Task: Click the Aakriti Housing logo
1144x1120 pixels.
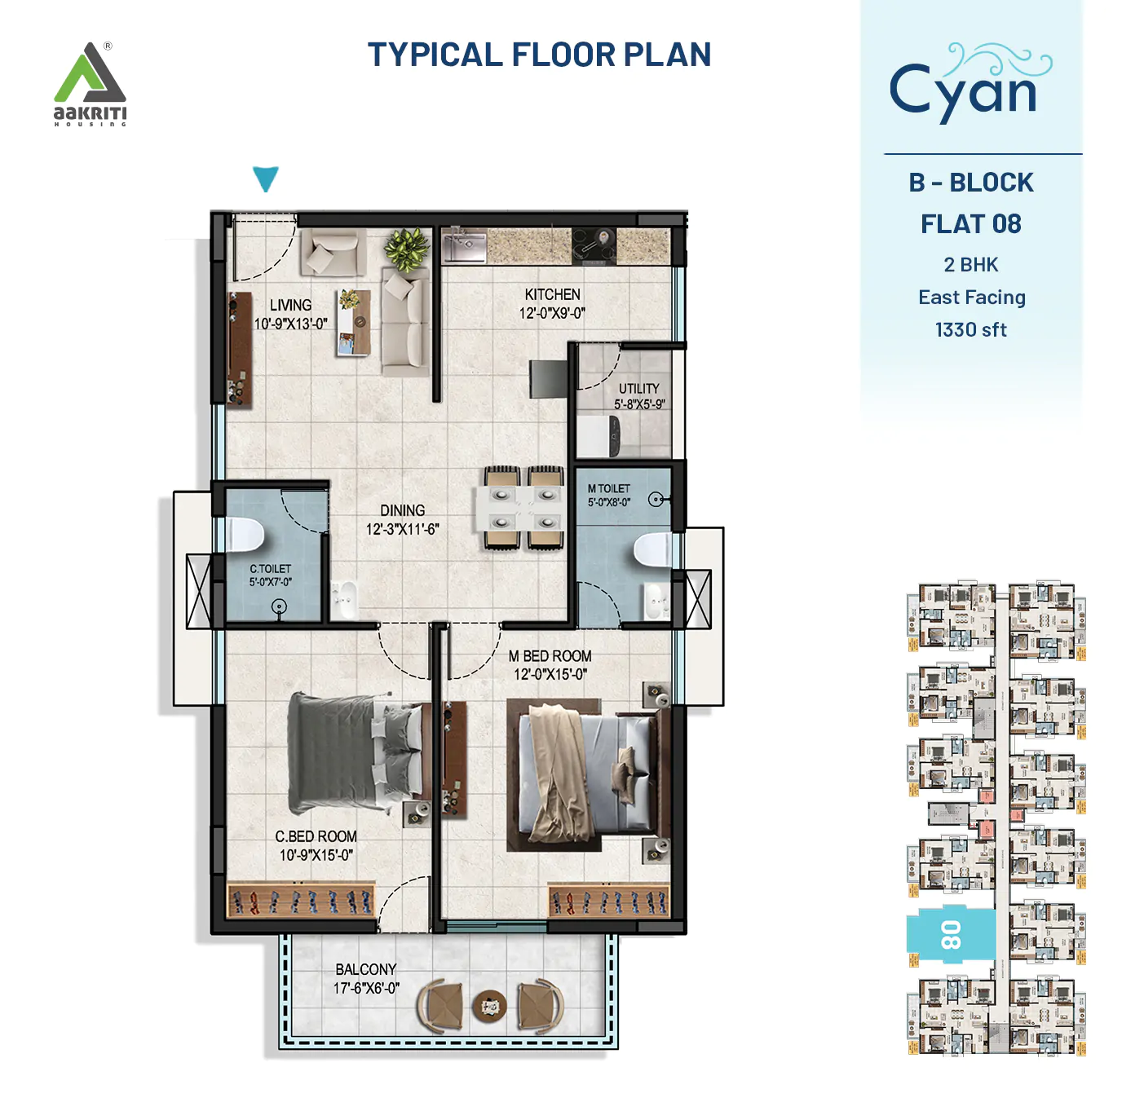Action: [90, 84]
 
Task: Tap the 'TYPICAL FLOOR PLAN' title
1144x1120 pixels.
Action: [539, 55]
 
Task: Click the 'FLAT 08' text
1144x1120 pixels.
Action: [970, 224]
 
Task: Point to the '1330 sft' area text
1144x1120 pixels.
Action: [970, 330]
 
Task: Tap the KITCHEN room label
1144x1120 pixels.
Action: [552, 294]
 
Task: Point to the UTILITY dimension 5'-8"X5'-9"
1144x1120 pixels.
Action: [639, 404]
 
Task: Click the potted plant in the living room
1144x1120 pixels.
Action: [406, 248]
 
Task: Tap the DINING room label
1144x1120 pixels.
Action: [402, 510]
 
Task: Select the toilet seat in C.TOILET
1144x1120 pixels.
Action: [245, 535]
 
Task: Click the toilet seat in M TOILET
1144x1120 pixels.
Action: [652, 550]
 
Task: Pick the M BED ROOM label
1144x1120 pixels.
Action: [550, 656]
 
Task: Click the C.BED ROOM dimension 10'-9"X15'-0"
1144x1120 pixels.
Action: [316, 855]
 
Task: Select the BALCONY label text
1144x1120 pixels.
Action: [365, 969]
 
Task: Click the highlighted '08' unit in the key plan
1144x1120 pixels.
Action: [951, 935]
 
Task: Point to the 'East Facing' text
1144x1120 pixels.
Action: [971, 298]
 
